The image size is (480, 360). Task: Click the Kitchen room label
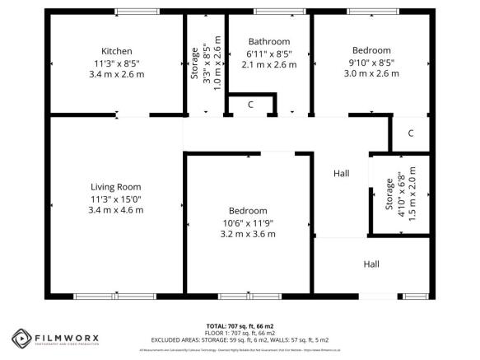pyautogui.click(x=116, y=51)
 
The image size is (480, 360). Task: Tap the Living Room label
pyautogui.click(x=116, y=186)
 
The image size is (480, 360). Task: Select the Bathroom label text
pyautogui.click(x=269, y=41)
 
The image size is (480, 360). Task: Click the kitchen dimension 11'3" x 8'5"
pyautogui.click(x=116, y=63)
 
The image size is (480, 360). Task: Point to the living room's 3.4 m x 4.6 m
pyautogui.click(x=116, y=210)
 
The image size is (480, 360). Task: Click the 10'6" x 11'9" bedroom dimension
pyautogui.click(x=248, y=222)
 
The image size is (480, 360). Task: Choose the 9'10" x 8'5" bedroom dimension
pyautogui.click(x=370, y=62)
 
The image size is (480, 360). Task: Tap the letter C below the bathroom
pyautogui.click(x=251, y=105)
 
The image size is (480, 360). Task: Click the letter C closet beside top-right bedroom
pyautogui.click(x=409, y=133)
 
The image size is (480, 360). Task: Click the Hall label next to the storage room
pyautogui.click(x=341, y=174)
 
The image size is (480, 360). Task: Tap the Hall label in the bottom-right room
pyautogui.click(x=371, y=264)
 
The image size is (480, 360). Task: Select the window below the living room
pyautogui.click(x=114, y=296)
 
